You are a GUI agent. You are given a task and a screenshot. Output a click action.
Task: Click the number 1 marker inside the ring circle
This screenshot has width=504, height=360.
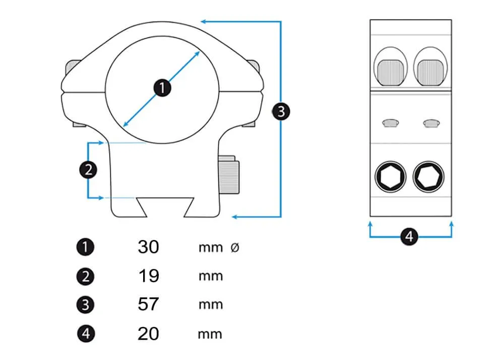tap(162, 88)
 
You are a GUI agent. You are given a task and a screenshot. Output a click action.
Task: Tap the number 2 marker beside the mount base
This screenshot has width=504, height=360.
tap(88, 170)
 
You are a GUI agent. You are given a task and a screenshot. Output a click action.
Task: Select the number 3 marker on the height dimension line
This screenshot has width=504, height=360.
tap(281, 111)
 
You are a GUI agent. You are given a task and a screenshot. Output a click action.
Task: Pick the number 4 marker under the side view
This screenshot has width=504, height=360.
tap(410, 236)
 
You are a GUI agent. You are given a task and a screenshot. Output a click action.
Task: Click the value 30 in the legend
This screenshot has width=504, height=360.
tap(148, 247)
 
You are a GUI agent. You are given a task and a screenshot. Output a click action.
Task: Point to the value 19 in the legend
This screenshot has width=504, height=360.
tap(148, 276)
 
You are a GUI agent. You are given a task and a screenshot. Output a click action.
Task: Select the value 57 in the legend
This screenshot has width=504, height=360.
tap(148, 305)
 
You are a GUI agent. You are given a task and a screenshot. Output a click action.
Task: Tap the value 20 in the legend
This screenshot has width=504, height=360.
tap(148, 333)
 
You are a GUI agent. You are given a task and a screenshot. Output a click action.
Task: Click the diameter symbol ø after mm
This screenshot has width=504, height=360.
tap(234, 248)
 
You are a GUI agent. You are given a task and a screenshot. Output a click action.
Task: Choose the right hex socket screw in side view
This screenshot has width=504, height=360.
tap(429, 177)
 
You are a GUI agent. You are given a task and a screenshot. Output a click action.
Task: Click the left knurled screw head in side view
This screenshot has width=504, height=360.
tap(391, 72)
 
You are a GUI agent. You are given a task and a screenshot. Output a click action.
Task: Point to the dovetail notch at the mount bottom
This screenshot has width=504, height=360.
tap(164, 206)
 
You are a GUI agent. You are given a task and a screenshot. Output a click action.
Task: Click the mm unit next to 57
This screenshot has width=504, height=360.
tap(211, 305)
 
